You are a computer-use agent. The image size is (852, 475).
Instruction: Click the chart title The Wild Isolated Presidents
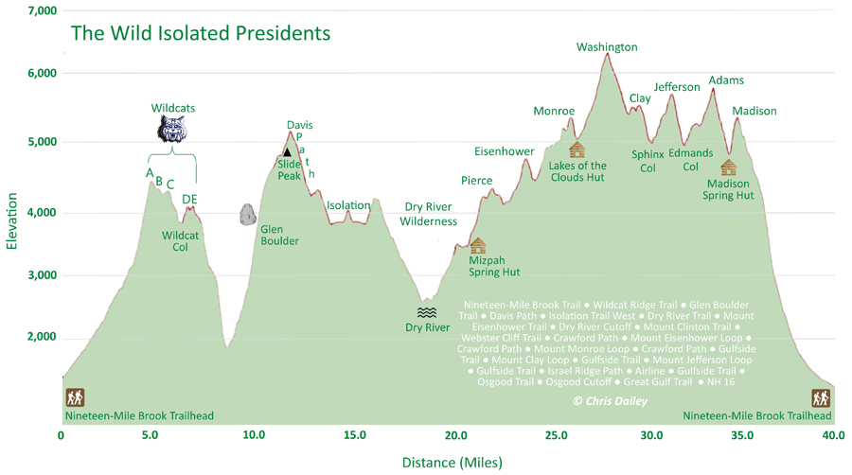pos(201,33)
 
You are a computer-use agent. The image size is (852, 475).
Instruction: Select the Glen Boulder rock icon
pos(247,215)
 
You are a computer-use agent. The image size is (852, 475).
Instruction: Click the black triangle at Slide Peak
pos(287,151)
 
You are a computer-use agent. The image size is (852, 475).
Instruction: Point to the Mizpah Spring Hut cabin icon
pos(477,246)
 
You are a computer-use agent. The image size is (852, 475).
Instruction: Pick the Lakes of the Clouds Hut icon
pos(577,150)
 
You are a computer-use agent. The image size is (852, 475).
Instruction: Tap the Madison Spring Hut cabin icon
pos(728,167)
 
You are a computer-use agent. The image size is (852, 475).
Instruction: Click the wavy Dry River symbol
pos(427,312)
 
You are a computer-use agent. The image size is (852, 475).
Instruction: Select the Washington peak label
pos(607,47)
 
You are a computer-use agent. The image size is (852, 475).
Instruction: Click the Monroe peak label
pos(554,112)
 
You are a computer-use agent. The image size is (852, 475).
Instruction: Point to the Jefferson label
pos(677,88)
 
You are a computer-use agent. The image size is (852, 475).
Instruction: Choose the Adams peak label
pos(726,80)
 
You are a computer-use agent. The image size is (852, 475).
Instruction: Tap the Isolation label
pos(348,205)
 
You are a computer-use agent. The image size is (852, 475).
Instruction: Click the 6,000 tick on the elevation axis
pos(43,74)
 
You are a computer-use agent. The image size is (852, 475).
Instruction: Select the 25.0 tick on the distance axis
pos(553,436)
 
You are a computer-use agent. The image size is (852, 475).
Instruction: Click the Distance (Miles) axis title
pos(452,463)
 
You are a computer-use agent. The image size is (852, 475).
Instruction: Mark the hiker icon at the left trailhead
pos(75,397)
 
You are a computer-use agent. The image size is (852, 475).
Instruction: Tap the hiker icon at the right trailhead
pos(821,397)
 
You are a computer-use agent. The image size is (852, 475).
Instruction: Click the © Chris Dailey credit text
pos(610,402)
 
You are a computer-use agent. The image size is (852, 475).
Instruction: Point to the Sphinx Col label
pos(648,161)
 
